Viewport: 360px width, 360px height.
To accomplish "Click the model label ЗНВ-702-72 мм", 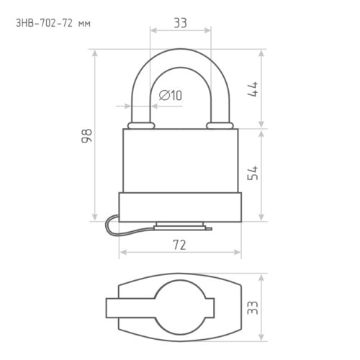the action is click(53, 24).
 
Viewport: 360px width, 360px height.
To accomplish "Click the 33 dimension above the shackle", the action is click(180, 23).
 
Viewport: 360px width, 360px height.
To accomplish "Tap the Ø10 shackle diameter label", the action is click(171, 95).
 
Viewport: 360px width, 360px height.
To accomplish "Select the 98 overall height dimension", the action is click(86, 136).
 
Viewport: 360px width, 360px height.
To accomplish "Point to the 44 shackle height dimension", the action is click(253, 89).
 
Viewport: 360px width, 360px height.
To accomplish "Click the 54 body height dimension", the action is click(253, 173).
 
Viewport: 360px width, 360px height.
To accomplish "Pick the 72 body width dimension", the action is click(179, 246).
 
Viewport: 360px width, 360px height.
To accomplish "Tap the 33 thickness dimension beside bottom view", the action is click(253, 307).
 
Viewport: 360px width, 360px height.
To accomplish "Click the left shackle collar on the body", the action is click(141, 125).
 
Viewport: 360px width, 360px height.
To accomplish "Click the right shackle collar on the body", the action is click(220, 125).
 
